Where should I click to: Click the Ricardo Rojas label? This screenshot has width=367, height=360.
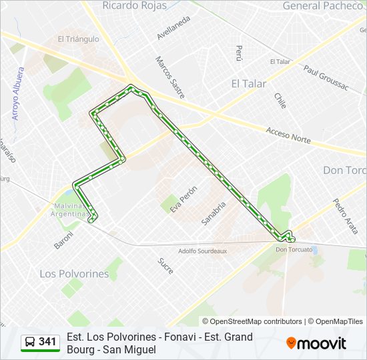[x=133, y=5]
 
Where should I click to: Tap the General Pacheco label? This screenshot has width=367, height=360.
[x=324, y=5]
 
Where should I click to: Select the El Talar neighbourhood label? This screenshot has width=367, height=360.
[x=248, y=83]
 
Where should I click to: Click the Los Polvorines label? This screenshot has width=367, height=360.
[x=74, y=273]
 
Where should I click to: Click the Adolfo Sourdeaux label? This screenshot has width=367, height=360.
[x=203, y=251]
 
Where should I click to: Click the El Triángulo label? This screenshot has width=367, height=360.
[x=78, y=39]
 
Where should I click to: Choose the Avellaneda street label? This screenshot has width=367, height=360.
[x=173, y=27]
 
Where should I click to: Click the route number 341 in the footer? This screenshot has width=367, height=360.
[x=47, y=342]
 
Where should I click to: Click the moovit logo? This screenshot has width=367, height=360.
[x=316, y=343]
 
